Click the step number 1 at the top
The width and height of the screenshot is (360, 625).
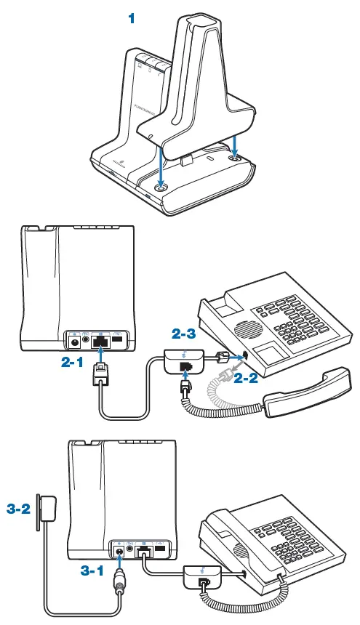pos(132,19)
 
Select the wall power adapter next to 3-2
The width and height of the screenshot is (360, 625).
pos(49,506)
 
